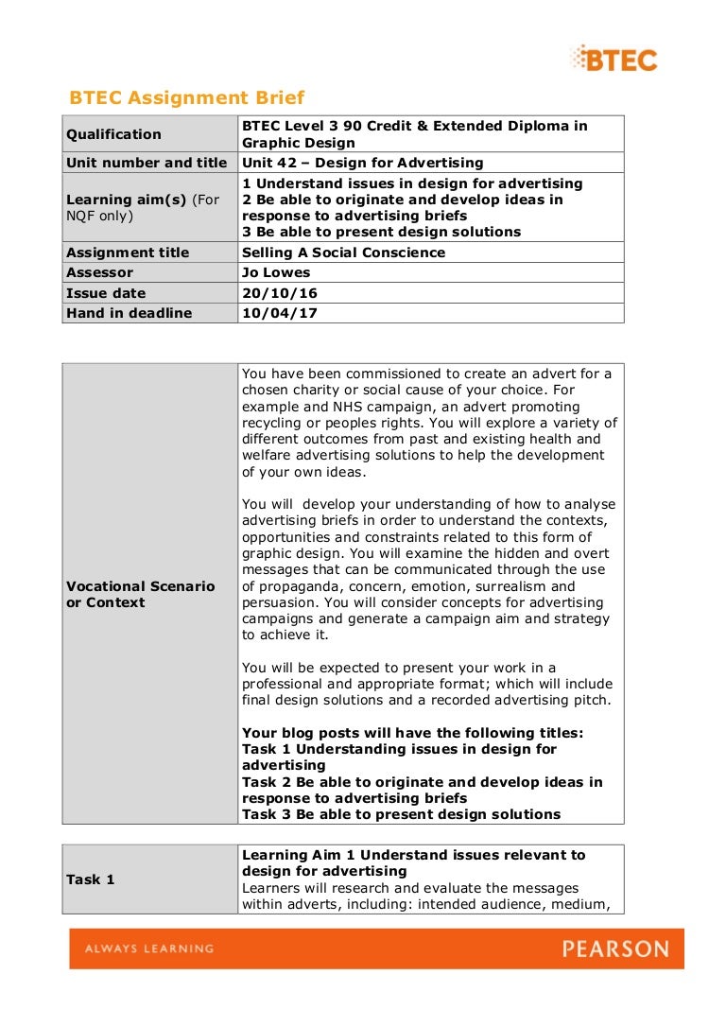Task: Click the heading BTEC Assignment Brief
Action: pyautogui.click(x=187, y=97)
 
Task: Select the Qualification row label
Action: pyautogui.click(x=113, y=134)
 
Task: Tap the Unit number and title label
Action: pyautogui.click(x=147, y=163)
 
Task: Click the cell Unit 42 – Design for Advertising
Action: pyautogui.click(x=362, y=163)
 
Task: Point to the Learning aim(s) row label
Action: pyautogui.click(x=142, y=207)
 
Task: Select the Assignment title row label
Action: pyautogui.click(x=128, y=252)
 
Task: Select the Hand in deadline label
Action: pyautogui.click(x=129, y=313)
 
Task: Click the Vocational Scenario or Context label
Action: pyautogui.click(x=140, y=594)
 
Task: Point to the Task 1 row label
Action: pyautogui.click(x=91, y=879)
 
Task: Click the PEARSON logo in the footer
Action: pyautogui.click(x=614, y=949)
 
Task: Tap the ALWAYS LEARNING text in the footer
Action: pyautogui.click(x=149, y=949)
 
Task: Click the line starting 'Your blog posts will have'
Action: pyautogui.click(x=412, y=733)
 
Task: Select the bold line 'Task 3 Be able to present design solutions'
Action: pyautogui.click(x=401, y=814)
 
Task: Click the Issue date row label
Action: pyautogui.click(x=106, y=293)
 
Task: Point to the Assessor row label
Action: pyautogui.click(x=100, y=272)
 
